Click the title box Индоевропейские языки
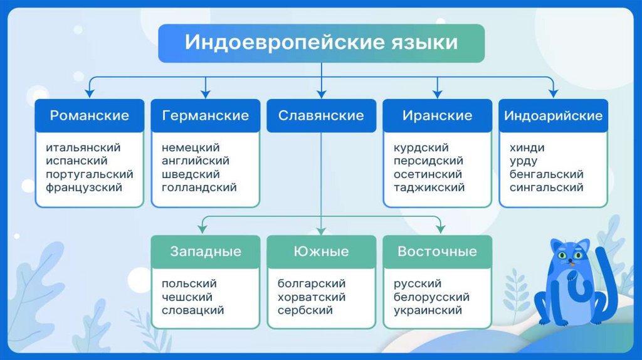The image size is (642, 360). click(x=321, y=43)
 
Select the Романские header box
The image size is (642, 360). click(x=89, y=115)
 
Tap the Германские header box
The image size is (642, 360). click(x=205, y=115)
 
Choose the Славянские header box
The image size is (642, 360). click(x=321, y=115)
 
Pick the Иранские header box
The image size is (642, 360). click(x=437, y=115)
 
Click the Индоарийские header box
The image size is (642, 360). click(x=553, y=115)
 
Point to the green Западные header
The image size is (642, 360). click(x=206, y=251)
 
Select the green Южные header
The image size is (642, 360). click(x=321, y=251)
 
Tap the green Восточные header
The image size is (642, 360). click(x=437, y=251)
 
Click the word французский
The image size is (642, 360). click(x=84, y=187)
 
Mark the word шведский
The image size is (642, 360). click(x=190, y=174)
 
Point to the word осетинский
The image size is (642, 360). click(x=428, y=174)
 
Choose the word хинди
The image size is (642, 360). click(x=527, y=148)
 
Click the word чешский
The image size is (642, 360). click(x=187, y=297)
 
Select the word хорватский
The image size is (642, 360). click(x=311, y=297)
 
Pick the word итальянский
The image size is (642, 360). click(x=83, y=148)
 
